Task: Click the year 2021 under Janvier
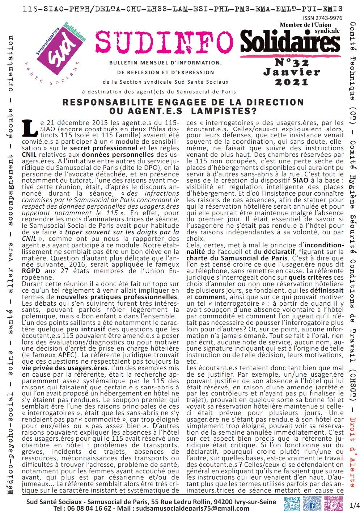click(x=291, y=82)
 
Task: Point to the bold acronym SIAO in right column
click(x=300, y=180)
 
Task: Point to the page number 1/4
click(x=355, y=505)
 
